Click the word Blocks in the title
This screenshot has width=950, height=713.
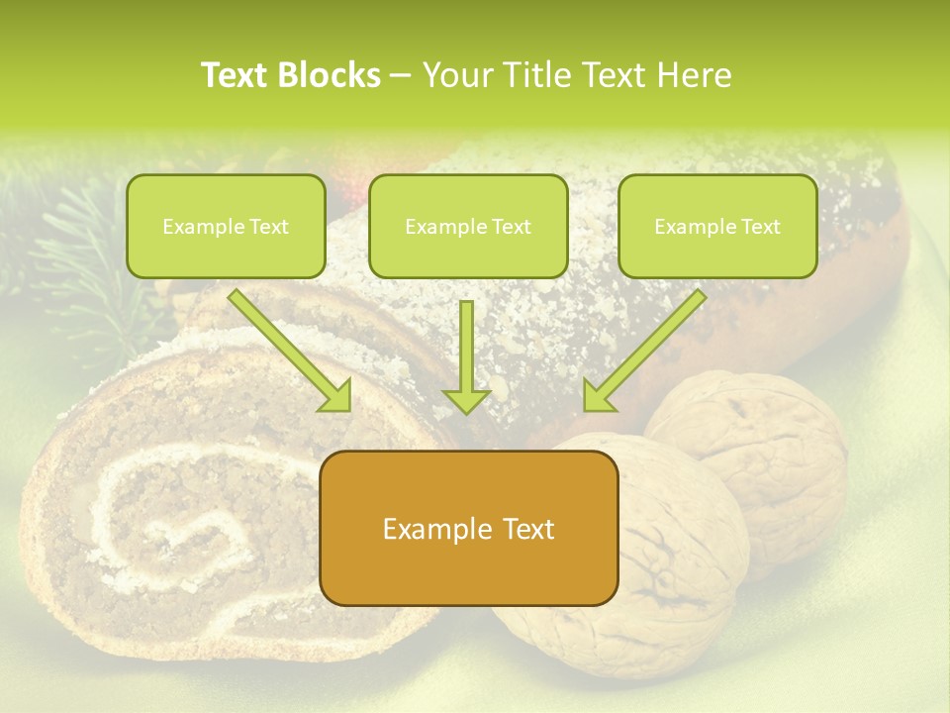coord(331,74)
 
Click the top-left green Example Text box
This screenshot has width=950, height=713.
coord(226,226)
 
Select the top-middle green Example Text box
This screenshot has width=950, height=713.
coord(468,226)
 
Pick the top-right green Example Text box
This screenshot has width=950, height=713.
coord(717,226)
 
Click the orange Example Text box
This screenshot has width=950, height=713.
coord(469,528)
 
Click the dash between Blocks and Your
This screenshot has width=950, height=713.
coord(401,74)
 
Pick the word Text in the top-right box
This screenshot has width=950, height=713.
coord(760,226)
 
